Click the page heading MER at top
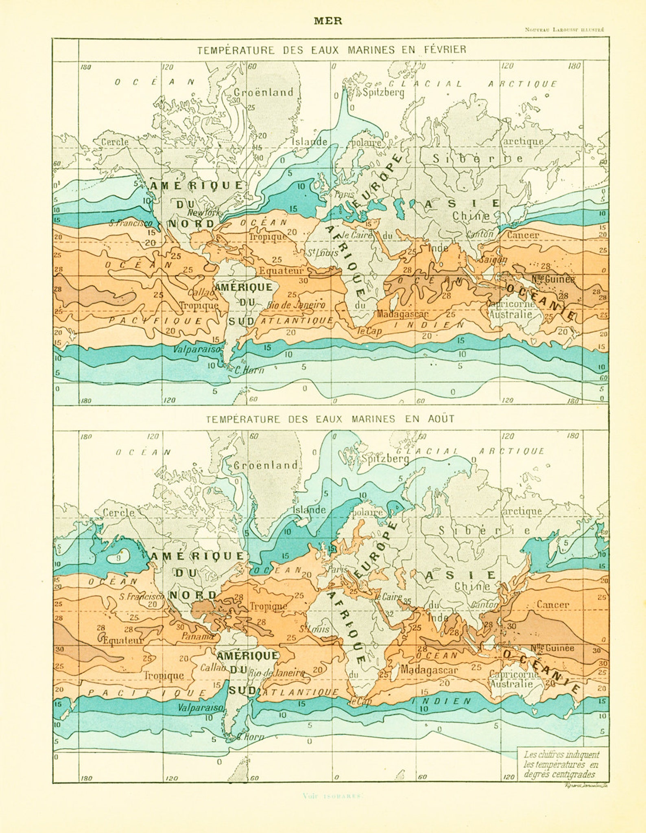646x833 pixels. (x=328, y=21)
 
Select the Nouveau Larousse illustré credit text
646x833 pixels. (x=564, y=29)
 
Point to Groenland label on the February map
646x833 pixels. (x=263, y=92)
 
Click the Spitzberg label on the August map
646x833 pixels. (x=385, y=459)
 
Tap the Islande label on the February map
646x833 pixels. (x=310, y=142)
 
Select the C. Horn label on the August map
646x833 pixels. (x=250, y=737)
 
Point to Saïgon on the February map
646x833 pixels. (x=493, y=260)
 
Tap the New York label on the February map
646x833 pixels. (x=203, y=212)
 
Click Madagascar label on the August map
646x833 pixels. (x=429, y=670)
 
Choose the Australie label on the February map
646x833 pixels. (x=510, y=314)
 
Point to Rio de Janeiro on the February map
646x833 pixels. (x=296, y=305)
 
